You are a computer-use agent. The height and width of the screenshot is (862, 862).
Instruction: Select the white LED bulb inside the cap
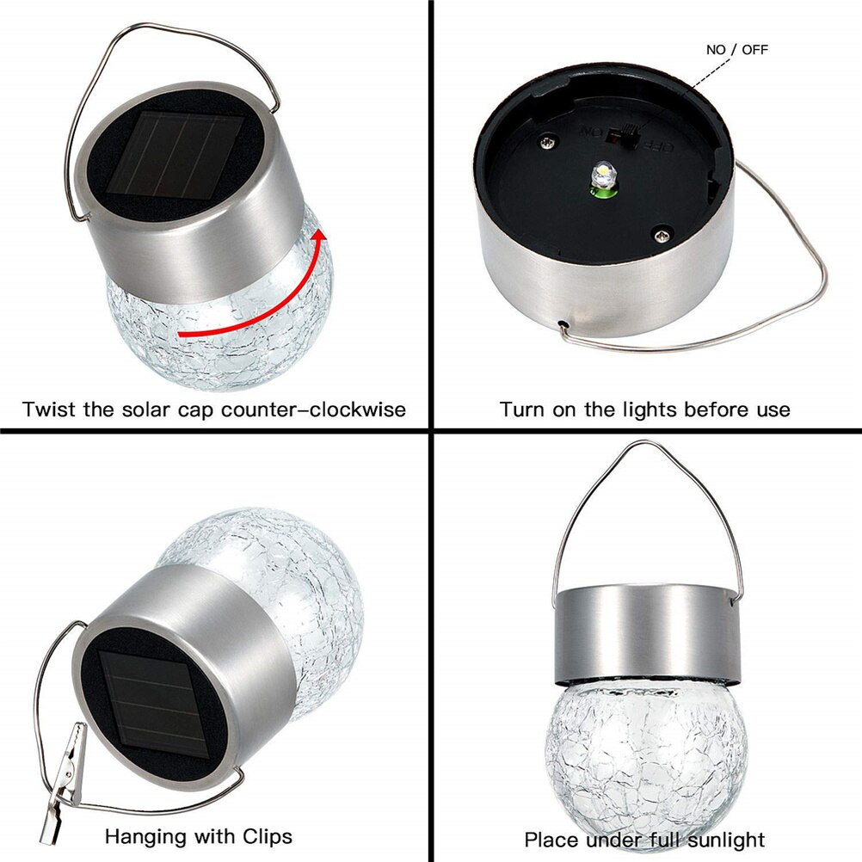(601, 177)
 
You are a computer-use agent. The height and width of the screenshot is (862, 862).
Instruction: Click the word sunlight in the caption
(722, 839)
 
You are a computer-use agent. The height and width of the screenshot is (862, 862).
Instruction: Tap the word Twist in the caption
(49, 409)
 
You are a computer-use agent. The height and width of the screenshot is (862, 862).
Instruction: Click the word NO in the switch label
(716, 50)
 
